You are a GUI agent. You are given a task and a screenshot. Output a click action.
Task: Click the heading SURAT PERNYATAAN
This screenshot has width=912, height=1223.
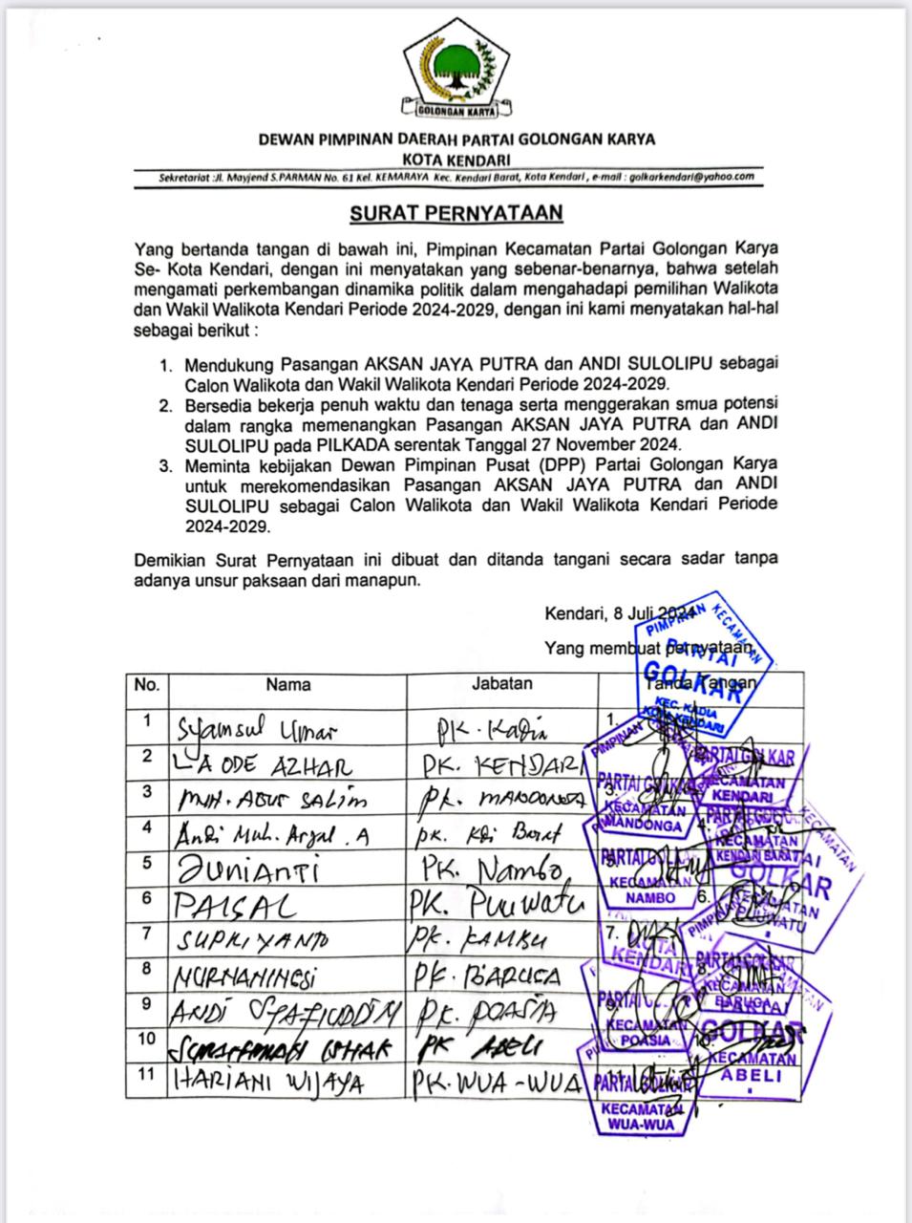[x=456, y=212]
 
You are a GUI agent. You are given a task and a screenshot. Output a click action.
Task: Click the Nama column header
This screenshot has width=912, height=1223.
[x=287, y=684]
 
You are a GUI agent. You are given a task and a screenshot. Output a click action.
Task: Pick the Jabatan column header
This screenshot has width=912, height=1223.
[x=502, y=683]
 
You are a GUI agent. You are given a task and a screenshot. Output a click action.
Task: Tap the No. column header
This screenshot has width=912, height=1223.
[x=146, y=684]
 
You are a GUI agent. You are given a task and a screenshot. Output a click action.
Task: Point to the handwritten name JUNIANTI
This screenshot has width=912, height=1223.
[x=245, y=870]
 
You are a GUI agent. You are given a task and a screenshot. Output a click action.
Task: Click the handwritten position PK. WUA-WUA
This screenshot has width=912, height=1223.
[x=497, y=1084]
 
